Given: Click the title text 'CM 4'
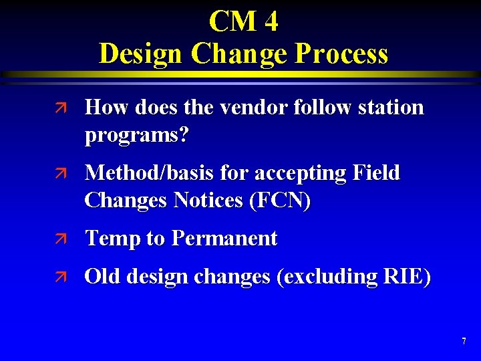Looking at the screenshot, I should pyautogui.click(x=243, y=21).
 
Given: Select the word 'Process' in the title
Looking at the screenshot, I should pyautogui.click(x=339, y=53).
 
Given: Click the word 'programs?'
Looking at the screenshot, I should pyautogui.click(x=137, y=136).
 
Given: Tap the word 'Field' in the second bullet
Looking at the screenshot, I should pyautogui.click(x=376, y=173).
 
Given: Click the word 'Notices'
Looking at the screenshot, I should pyautogui.click(x=208, y=201).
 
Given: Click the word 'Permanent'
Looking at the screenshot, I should pyautogui.click(x=224, y=239).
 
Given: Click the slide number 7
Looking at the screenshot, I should pyautogui.click(x=464, y=342).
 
